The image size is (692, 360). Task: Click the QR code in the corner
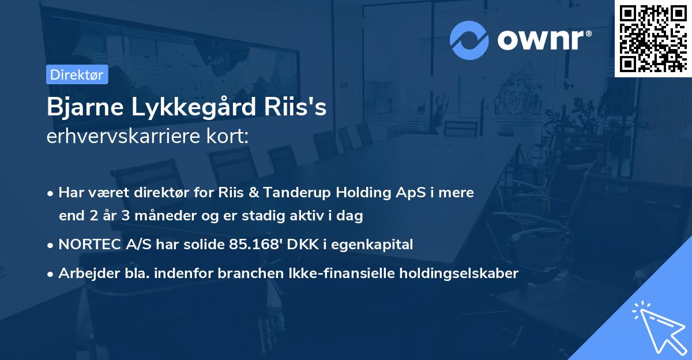point(653,39)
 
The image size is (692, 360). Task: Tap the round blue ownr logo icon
point(469,40)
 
